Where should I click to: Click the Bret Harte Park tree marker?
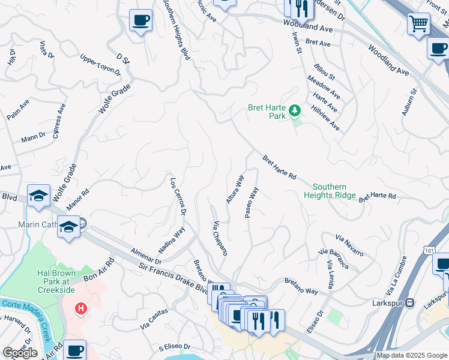click(x=294, y=110)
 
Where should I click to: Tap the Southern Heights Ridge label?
click(x=330, y=191)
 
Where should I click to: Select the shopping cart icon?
click(x=418, y=24)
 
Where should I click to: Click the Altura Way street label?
click(x=235, y=189)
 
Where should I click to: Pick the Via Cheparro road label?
click(x=220, y=239)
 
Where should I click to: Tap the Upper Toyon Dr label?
click(x=101, y=65)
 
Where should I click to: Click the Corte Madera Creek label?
click(x=26, y=309)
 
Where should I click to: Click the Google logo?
click(x=20, y=353)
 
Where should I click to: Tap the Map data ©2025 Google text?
click(x=411, y=355)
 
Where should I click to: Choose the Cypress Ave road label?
click(x=59, y=121)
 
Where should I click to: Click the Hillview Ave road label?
click(x=325, y=118)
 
